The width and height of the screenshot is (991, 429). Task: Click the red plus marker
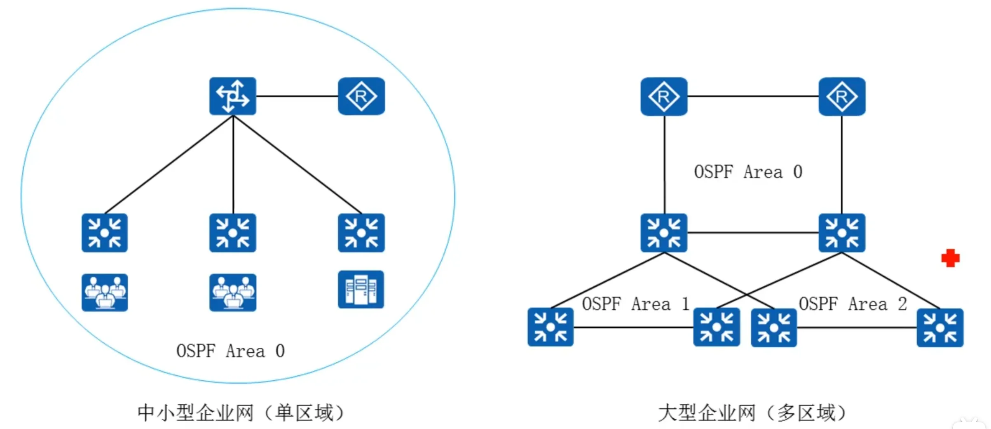tap(950, 258)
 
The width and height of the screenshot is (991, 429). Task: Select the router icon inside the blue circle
tap(361, 96)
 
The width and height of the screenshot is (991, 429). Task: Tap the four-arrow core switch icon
tap(233, 96)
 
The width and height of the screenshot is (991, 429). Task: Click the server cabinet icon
tap(361, 290)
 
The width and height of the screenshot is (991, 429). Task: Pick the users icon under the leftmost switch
tap(105, 292)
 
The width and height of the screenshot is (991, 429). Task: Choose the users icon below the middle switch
tap(233, 292)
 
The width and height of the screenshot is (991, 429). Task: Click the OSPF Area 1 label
tap(635, 304)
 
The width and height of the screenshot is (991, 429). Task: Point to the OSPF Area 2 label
tap(853, 304)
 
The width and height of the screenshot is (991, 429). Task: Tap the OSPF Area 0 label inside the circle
tap(230, 351)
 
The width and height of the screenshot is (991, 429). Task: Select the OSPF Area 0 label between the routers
tap(748, 172)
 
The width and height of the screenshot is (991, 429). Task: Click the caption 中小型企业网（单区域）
tap(241, 413)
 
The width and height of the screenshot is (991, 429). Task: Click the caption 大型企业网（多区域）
tap(752, 413)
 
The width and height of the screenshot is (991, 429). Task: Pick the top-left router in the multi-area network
tap(664, 97)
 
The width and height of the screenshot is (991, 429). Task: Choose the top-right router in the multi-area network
tap(842, 97)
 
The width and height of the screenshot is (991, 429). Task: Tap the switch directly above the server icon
tap(361, 233)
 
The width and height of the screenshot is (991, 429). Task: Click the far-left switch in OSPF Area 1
tap(551, 327)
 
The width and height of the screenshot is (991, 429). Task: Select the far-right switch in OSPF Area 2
tap(940, 328)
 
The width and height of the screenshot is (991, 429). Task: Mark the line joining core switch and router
tap(297, 96)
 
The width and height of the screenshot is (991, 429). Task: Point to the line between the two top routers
tap(753, 97)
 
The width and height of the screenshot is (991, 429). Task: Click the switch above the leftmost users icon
tap(105, 233)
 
